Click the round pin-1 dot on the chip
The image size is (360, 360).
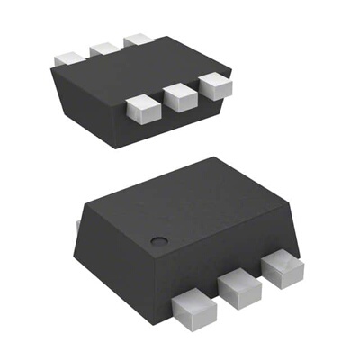[158, 239]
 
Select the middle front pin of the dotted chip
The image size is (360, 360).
[237, 287]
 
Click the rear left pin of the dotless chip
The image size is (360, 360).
[69, 56]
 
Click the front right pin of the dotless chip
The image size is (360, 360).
[215, 85]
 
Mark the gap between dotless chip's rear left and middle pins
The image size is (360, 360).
[87, 53]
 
